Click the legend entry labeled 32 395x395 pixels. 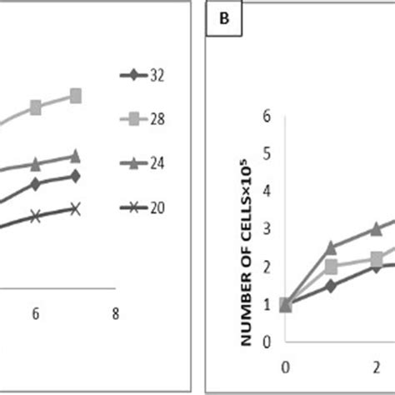[x=142, y=76]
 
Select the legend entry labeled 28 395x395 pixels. [x=142, y=119]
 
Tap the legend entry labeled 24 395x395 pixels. [x=142, y=163]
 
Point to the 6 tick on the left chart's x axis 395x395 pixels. [x=36, y=314]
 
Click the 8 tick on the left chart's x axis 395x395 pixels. [x=115, y=314]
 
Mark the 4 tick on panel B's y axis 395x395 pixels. [x=267, y=192]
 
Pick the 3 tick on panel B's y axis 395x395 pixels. [x=267, y=229]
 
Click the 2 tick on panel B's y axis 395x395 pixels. [x=267, y=267]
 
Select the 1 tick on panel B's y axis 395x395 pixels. [x=267, y=304]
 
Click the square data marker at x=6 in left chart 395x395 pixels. [x=36, y=107]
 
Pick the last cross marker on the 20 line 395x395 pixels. [x=75, y=208]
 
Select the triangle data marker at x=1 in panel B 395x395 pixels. [x=331, y=247]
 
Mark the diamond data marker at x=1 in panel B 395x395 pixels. [x=331, y=285]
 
